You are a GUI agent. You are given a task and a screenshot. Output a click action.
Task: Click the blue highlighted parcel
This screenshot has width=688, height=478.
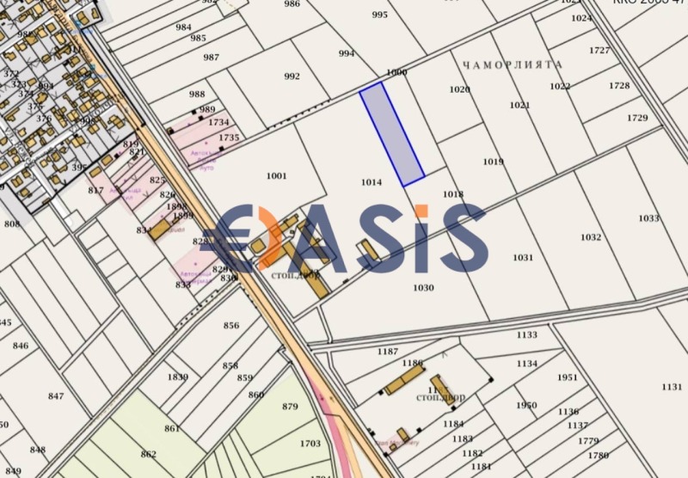(391, 133)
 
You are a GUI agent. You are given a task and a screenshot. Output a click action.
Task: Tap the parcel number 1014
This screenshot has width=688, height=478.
(372, 182)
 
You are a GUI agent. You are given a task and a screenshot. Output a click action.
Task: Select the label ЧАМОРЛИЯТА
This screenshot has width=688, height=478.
(512, 64)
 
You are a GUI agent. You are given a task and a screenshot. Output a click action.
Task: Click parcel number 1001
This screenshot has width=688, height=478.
(276, 176)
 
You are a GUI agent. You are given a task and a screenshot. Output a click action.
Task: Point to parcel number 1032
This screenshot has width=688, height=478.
(591, 237)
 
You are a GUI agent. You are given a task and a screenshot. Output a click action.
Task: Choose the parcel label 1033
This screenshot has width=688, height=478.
(649, 218)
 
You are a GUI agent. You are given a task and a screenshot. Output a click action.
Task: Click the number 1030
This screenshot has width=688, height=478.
(423, 288)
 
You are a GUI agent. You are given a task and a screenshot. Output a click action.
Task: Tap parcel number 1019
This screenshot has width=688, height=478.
(493, 162)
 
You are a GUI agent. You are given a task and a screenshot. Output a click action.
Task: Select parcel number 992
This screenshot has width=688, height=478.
(292, 77)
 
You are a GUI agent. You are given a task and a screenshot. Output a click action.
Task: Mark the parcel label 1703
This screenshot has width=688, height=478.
(310, 444)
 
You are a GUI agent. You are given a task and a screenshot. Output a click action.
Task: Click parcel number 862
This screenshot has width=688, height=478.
(149, 454)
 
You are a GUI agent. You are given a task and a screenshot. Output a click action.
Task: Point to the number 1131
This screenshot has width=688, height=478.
(672, 387)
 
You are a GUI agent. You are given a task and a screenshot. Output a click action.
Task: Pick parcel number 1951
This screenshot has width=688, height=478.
(567, 377)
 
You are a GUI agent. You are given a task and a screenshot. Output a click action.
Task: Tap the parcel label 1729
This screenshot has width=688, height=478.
(637, 118)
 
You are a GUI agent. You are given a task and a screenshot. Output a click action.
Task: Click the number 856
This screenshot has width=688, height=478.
(230, 325)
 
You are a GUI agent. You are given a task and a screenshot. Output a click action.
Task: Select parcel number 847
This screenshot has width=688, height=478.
(56, 396)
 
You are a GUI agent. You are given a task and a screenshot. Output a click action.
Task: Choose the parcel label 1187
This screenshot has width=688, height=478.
(388, 352)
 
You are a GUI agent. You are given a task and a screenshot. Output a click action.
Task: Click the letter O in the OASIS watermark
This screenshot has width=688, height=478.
(250, 238)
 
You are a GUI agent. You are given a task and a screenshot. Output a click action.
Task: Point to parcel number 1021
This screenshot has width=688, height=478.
(519, 105)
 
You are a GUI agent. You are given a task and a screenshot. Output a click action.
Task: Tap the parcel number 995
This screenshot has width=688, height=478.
(379, 15)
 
